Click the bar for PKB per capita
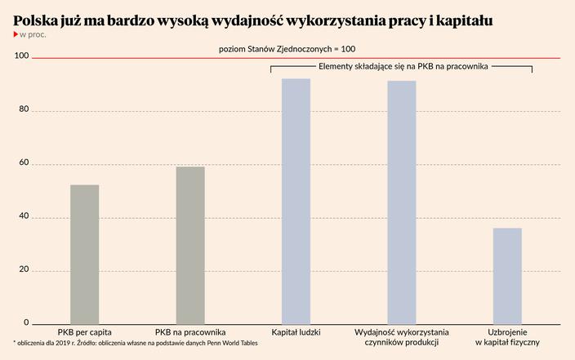(85, 255)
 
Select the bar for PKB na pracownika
(190, 246)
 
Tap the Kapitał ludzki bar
(296, 202)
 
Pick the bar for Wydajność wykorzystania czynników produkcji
(402, 202)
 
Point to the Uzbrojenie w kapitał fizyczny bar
(507, 276)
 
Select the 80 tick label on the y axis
(23, 110)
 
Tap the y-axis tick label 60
(23, 163)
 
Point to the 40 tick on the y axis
(23, 217)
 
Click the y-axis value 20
(23, 270)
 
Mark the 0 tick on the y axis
(25, 323)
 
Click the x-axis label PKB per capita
(85, 333)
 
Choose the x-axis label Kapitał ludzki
(296, 333)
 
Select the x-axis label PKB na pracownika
(190, 333)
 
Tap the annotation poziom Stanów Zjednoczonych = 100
(287, 49)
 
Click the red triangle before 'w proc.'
(16, 34)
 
